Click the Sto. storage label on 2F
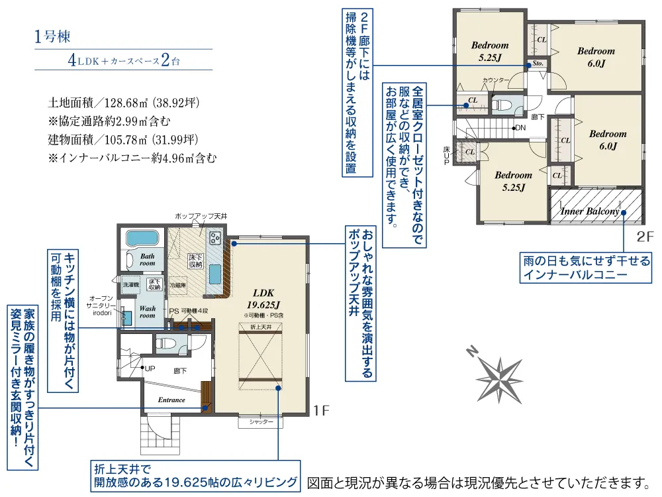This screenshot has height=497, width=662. point(538,64)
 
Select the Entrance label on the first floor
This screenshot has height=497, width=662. point(171,400)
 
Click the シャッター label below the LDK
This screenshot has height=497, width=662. point(261,421)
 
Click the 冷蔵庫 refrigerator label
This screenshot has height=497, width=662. point(177,285)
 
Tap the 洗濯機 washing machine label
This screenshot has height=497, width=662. point(130,284)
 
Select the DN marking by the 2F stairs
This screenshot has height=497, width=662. point(520,128)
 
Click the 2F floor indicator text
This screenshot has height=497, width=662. point(645,236)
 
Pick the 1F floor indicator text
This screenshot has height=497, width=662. point(321,412)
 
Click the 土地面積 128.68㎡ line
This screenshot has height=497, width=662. point(124,103)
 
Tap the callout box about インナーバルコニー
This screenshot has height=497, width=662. point(586,266)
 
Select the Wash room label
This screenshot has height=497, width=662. point(147,312)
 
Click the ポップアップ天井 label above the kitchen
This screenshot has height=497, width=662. point(201,217)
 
